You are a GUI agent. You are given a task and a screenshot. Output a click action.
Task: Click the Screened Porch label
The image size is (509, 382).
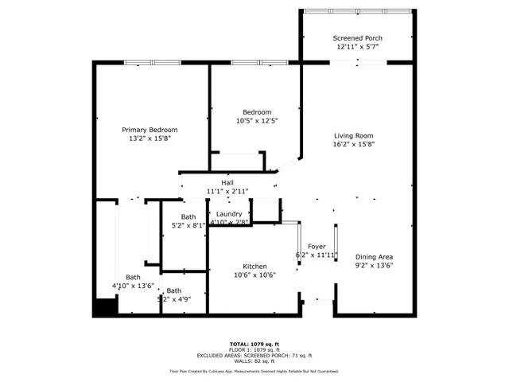(357, 38)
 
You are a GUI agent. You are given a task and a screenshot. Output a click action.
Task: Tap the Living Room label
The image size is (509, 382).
(353, 135)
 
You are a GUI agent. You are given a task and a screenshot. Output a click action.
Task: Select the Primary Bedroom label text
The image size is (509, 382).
(150, 130)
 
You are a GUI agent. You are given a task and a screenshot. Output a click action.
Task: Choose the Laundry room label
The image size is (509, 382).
(230, 214)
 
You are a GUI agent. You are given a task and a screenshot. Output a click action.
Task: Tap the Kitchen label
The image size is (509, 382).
(255, 267)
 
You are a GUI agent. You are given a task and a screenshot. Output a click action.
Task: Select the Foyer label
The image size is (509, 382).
(317, 247)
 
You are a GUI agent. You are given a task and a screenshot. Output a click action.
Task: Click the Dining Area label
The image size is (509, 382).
(374, 256)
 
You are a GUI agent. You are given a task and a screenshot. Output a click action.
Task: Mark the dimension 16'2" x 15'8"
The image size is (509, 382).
(353, 144)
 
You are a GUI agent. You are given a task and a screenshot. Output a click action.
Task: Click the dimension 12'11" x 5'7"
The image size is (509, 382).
(357, 47)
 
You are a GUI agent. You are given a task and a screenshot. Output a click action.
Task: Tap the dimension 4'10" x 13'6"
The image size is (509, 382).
(132, 286)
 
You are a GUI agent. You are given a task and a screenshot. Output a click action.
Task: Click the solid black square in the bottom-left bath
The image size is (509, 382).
(105, 306)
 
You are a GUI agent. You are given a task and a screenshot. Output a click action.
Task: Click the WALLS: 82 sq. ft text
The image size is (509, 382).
(254, 361)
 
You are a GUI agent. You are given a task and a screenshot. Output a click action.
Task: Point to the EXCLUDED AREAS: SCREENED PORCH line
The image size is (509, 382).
(254, 356)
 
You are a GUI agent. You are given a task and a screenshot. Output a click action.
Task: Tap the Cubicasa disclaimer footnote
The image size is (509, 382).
(254, 371)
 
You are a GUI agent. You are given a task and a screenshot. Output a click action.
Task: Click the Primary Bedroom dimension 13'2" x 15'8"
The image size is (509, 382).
(150, 138)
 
